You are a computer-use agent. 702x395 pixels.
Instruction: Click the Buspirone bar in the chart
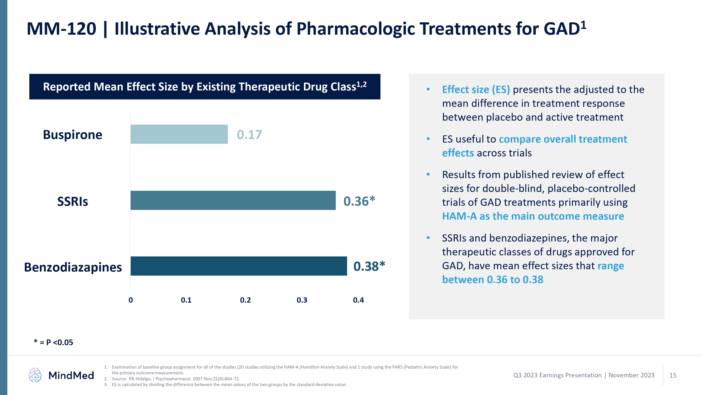[179, 134]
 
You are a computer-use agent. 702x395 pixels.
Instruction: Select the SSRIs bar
[233, 200]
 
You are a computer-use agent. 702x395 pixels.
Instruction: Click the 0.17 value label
[249, 135]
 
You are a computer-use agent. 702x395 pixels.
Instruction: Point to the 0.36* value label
[359, 201]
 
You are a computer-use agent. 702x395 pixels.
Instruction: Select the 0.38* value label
[369, 266]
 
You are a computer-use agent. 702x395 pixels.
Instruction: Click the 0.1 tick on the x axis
[186, 300]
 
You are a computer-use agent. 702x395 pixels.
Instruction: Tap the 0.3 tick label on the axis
[302, 300]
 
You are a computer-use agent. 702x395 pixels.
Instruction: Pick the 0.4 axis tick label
[358, 300]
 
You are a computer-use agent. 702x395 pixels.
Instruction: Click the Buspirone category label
[73, 135]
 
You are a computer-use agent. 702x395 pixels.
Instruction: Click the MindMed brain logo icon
[35, 375]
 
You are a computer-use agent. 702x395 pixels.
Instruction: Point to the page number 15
[673, 375]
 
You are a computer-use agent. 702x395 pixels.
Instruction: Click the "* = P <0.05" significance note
[53, 342]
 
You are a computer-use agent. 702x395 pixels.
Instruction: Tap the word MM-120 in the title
[62, 29]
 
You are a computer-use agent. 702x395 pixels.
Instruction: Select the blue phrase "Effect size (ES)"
[476, 90]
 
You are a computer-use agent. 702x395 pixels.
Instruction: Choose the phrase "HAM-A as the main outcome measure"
[533, 216]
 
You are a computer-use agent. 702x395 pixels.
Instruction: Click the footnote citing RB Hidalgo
[176, 379]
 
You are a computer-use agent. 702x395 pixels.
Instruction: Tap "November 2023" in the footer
[631, 375]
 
